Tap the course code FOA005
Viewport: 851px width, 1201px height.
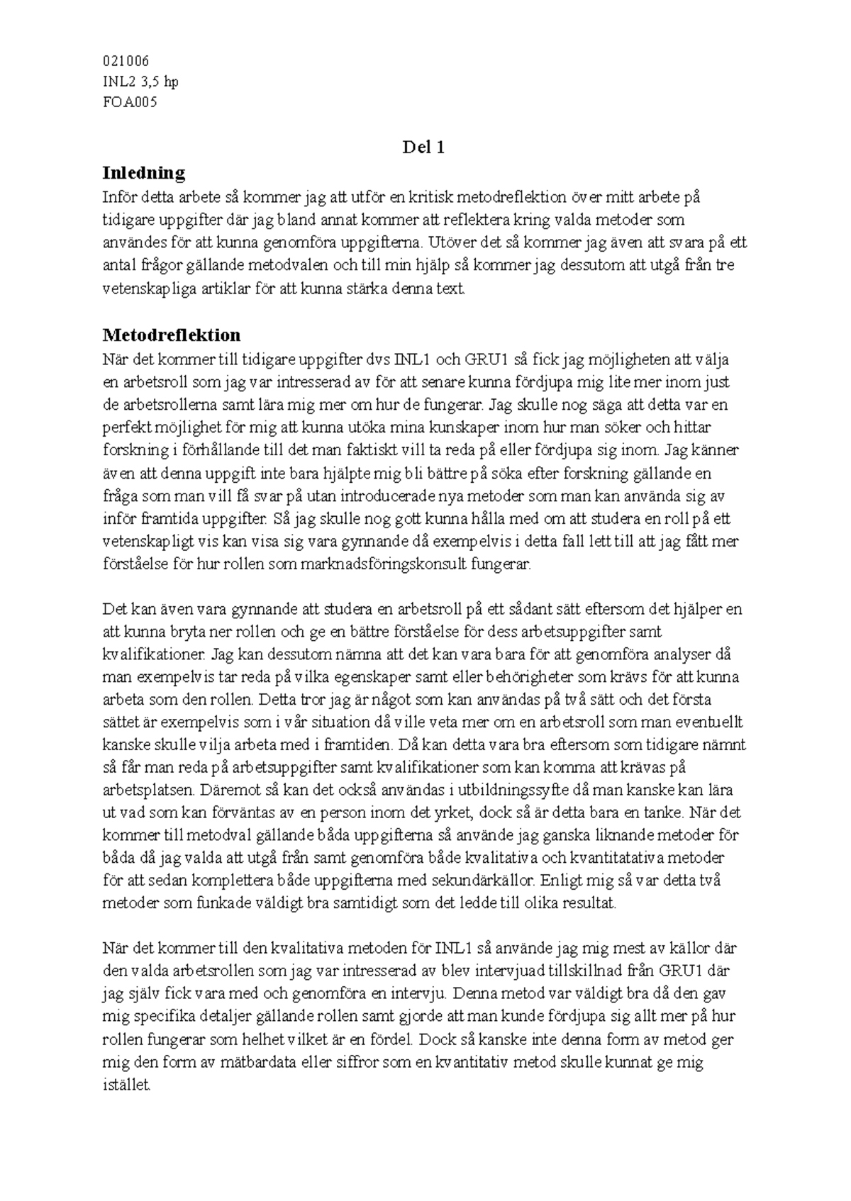coord(130,102)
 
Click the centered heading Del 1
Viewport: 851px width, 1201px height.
coord(423,147)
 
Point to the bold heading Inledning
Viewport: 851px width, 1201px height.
coord(144,172)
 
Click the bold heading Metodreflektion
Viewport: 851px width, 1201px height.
coord(172,335)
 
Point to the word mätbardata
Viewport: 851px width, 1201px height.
coord(234,1063)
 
